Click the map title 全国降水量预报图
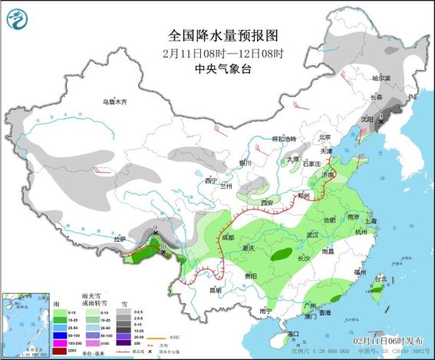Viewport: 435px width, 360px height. click(222, 36)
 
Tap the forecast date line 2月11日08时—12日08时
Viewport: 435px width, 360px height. click(222, 53)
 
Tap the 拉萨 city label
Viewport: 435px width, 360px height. click(120, 239)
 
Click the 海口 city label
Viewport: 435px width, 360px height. click(292, 335)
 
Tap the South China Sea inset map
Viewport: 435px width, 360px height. click(22, 322)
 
